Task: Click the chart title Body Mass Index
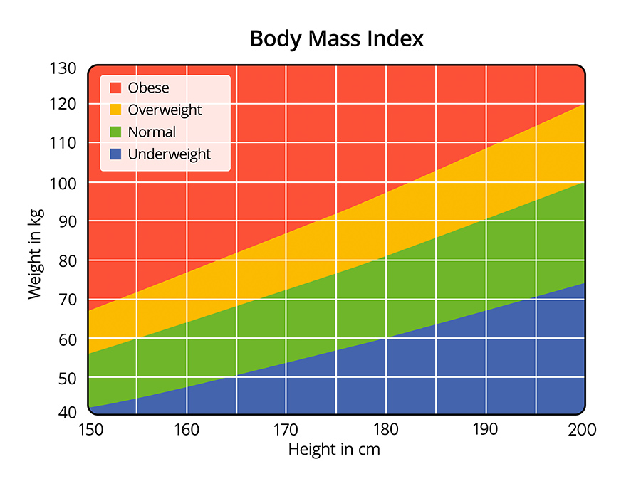pos(336,38)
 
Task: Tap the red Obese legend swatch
pos(115,88)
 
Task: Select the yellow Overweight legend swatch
pos(115,110)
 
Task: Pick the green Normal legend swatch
pos(115,132)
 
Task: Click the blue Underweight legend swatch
pos(115,154)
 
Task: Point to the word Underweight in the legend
pos(170,154)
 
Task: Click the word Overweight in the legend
pos(165,110)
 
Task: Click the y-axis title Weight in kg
pos(35,253)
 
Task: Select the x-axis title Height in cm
pos(334,450)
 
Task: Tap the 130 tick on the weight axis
pos(63,69)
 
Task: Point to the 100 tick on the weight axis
pos(63,183)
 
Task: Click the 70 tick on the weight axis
pos(67,300)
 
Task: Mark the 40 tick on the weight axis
pos(67,413)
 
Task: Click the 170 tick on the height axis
pos(286,430)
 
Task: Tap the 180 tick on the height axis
pos(385,430)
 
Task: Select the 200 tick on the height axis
pos(583,430)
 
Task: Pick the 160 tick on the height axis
pos(187,430)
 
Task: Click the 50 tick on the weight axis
pos(67,378)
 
